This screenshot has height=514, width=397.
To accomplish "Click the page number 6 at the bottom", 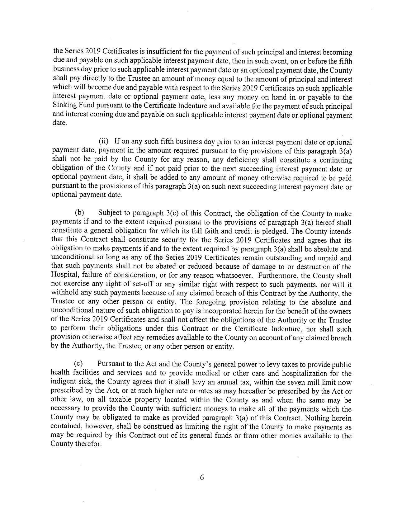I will click(x=202, y=478).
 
